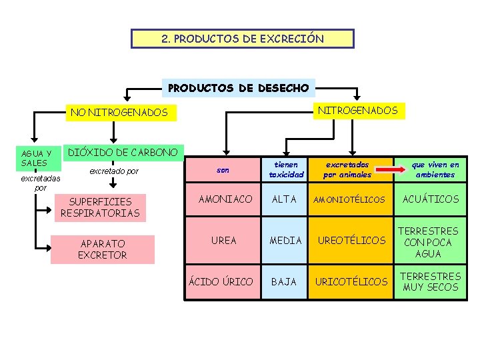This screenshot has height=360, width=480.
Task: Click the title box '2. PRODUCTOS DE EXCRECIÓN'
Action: pyautogui.click(x=243, y=39)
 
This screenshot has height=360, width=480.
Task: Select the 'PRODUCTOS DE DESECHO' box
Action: pyautogui.click(x=239, y=87)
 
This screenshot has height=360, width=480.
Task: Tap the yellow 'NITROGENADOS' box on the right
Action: pyautogui.click(x=357, y=110)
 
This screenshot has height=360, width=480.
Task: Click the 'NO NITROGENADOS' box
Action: pyautogui.click(x=119, y=113)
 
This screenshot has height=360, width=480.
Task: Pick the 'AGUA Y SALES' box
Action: pyautogui.click(x=35, y=158)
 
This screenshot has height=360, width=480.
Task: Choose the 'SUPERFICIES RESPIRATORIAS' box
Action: pyautogui.click(x=100, y=207)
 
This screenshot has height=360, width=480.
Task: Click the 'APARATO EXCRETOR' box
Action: pyautogui.click(x=102, y=249)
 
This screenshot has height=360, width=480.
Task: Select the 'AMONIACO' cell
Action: pyautogui.click(x=225, y=199)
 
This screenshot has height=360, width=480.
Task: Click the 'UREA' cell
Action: pyautogui.click(x=223, y=240)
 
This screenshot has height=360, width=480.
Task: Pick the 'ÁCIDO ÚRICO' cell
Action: pyautogui.click(x=221, y=282)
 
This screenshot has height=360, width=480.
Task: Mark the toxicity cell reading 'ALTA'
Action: pyautogui.click(x=285, y=199)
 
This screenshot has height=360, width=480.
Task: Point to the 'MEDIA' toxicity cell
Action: pyautogui.click(x=285, y=240)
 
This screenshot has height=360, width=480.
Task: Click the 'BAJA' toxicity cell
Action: pyautogui.click(x=284, y=282)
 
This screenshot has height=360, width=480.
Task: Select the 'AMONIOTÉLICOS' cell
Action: pyautogui.click(x=351, y=200)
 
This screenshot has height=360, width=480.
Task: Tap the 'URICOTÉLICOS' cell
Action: pyautogui.click(x=351, y=282)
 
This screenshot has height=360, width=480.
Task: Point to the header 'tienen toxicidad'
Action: pyautogui.click(x=286, y=169)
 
